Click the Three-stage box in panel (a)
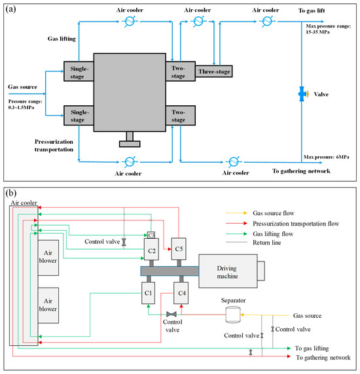[213, 71]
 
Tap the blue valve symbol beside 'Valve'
[302, 94]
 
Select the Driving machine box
[228, 271]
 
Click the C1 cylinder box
[148, 293]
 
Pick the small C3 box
[151, 235]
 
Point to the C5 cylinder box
[179, 248]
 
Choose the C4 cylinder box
[181, 293]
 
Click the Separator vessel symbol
[233, 315]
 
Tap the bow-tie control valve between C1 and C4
[171, 314]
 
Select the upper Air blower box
[48, 258]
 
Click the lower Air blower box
[48, 305]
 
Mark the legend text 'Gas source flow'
[274, 213]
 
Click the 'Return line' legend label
[266, 243]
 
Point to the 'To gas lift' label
[312, 10]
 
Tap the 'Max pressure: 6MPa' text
[327, 157]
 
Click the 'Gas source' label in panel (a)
[22, 87]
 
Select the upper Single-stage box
[79, 71]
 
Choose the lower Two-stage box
[181, 116]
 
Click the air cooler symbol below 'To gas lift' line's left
[267, 22]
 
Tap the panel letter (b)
[11, 193]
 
